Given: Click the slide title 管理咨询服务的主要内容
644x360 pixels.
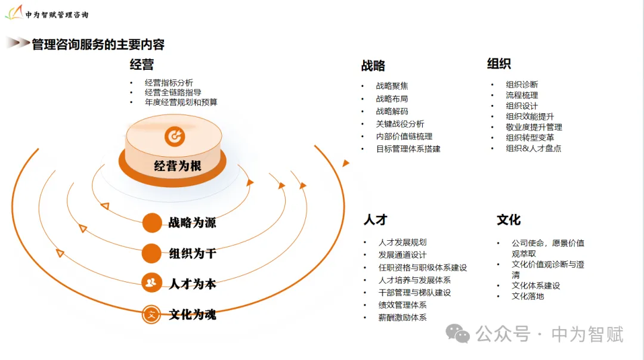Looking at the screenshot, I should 98,45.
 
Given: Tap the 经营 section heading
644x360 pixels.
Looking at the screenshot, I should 142,64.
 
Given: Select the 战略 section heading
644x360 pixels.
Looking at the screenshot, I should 373,66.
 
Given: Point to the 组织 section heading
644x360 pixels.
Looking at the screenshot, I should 499,64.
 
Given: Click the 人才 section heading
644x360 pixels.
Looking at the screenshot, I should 376,220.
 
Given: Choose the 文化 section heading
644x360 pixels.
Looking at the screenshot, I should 509,220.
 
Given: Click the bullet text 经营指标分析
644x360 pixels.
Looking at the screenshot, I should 169,83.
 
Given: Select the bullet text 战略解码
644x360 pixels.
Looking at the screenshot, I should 392,111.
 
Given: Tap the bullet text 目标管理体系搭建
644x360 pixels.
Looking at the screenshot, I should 408,149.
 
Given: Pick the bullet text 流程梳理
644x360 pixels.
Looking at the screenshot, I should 522,95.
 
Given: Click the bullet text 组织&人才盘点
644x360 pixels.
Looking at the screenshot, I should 534,148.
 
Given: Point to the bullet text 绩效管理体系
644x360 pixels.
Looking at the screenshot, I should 402,305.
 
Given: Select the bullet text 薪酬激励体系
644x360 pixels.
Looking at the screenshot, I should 402,318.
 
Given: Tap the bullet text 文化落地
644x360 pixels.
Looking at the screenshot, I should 528,296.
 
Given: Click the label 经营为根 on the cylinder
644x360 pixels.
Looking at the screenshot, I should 178,166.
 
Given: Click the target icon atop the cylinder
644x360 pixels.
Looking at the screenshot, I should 175,136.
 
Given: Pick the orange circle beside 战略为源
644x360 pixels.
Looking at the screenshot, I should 152,223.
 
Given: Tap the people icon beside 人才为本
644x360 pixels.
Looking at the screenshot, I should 151,283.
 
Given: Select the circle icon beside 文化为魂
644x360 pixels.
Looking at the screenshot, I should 151,314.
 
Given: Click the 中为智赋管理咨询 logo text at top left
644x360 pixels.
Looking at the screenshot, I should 57,14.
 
